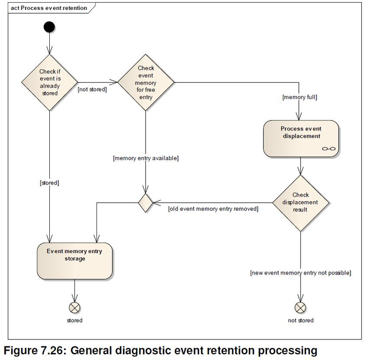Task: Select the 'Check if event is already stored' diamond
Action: (x=49, y=82)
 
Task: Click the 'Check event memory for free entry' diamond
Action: (x=146, y=82)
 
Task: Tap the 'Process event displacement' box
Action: (x=300, y=138)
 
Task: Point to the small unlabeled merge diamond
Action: (x=145, y=202)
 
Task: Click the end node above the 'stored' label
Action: (x=75, y=307)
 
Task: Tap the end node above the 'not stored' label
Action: (x=300, y=307)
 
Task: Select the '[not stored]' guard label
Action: (x=92, y=90)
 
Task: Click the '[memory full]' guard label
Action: (x=300, y=97)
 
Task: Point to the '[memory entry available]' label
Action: (x=146, y=158)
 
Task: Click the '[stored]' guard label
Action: (x=49, y=183)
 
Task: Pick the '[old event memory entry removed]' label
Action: (x=213, y=209)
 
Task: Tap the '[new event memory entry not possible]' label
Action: (x=300, y=272)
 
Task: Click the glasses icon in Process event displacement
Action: (x=328, y=149)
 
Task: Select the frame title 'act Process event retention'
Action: (x=49, y=8)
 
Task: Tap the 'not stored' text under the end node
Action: (x=300, y=320)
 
